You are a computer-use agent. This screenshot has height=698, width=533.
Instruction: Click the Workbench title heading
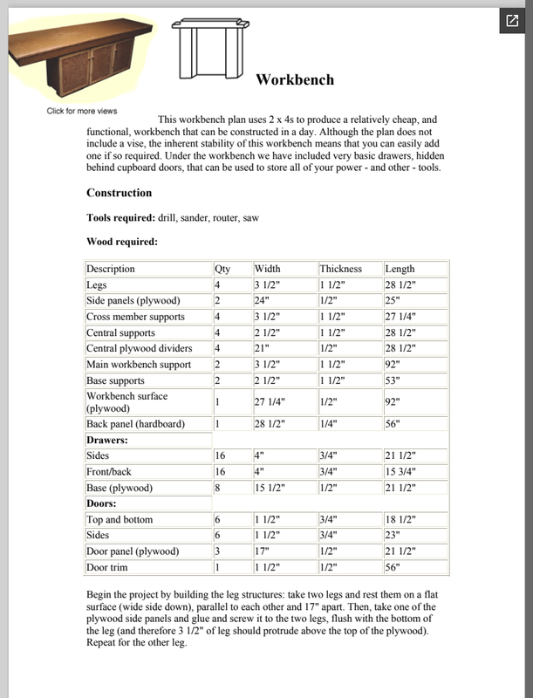(x=295, y=80)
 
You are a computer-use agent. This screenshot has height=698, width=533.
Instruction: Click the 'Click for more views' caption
(x=82, y=111)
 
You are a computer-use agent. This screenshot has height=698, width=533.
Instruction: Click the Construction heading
(x=119, y=193)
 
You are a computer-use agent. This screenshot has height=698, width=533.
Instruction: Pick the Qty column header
(x=222, y=269)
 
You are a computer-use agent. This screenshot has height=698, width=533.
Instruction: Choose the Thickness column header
(x=340, y=269)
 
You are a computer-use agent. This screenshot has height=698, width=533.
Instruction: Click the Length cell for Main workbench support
(x=394, y=365)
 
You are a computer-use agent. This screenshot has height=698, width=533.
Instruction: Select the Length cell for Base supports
(x=394, y=381)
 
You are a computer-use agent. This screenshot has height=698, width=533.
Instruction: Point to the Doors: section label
(x=104, y=503)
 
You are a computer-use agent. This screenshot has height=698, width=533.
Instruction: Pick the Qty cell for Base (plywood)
(x=218, y=488)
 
